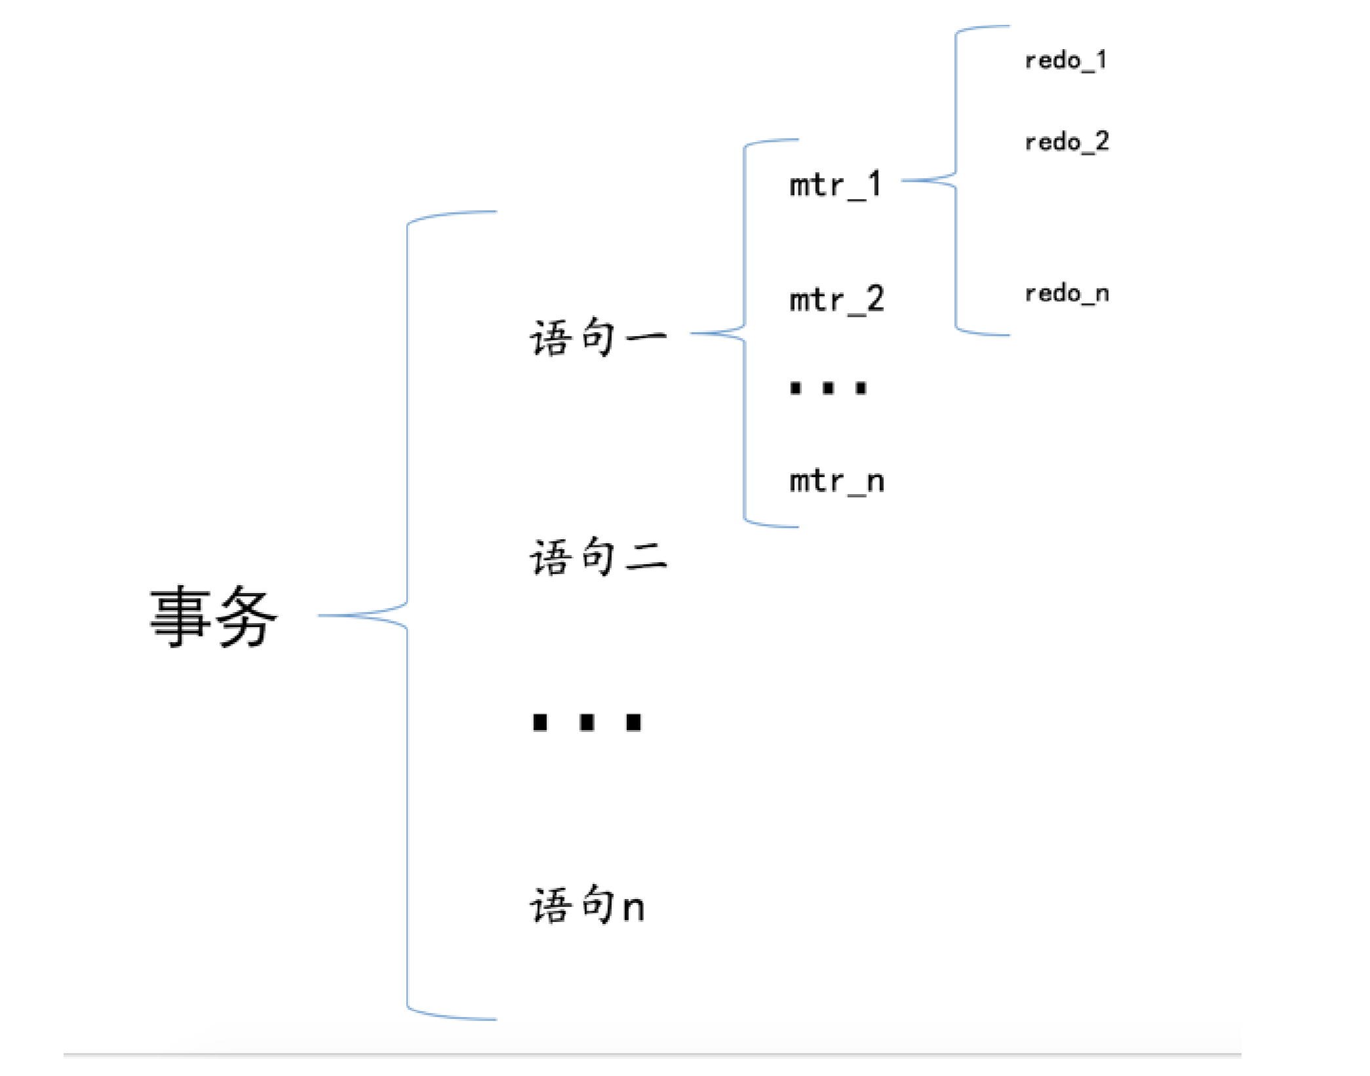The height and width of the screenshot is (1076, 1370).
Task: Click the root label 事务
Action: pos(214,616)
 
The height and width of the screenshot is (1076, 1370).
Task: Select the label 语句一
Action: pos(598,337)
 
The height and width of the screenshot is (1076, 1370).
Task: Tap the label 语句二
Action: pos(598,556)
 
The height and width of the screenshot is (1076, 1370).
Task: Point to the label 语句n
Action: pos(587,905)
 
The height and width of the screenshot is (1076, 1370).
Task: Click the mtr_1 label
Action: pos(836,184)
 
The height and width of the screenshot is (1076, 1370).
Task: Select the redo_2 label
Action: pos(1067,142)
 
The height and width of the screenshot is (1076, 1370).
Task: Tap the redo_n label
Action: pos(1067,293)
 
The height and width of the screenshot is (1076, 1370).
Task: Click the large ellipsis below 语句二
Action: pos(587,722)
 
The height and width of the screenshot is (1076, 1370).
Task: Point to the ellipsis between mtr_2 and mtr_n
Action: pos(829,388)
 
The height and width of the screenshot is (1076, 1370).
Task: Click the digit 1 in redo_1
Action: pos(1101,60)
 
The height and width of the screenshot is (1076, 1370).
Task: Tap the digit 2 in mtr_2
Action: pos(875,299)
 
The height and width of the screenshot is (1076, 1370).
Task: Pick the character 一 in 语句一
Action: pos(646,337)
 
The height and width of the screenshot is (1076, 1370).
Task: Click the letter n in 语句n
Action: pos(633,908)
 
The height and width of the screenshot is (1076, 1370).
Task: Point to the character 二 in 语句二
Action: pos(646,558)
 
